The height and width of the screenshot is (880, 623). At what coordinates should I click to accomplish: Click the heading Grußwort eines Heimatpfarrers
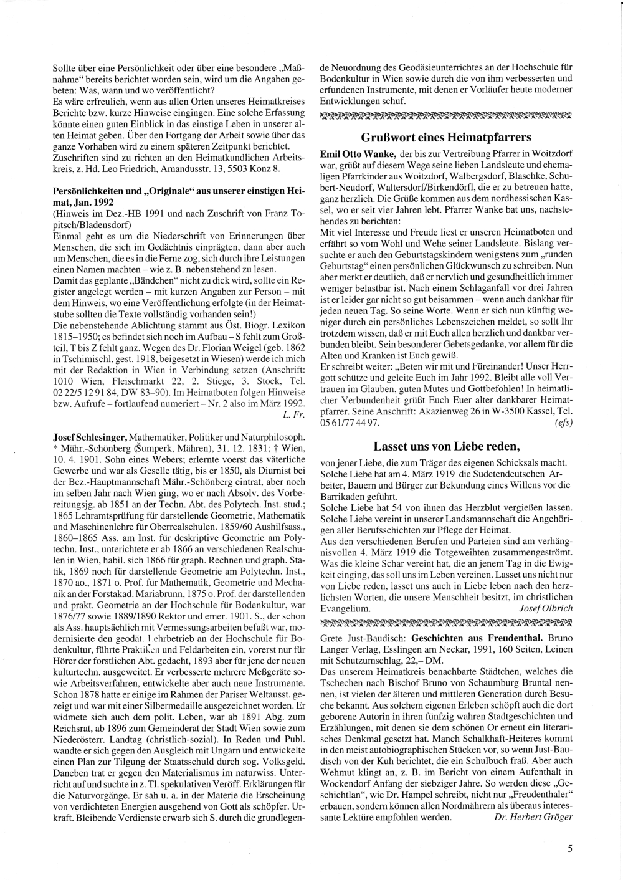click(x=445, y=137)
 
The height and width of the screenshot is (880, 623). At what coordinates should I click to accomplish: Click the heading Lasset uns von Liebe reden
click(x=445, y=446)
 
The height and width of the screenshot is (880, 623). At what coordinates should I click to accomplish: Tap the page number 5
click(x=569, y=848)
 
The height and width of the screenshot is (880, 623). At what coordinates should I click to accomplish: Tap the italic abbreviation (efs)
click(x=563, y=422)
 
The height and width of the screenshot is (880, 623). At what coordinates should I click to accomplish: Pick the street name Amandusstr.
click(x=199, y=168)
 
